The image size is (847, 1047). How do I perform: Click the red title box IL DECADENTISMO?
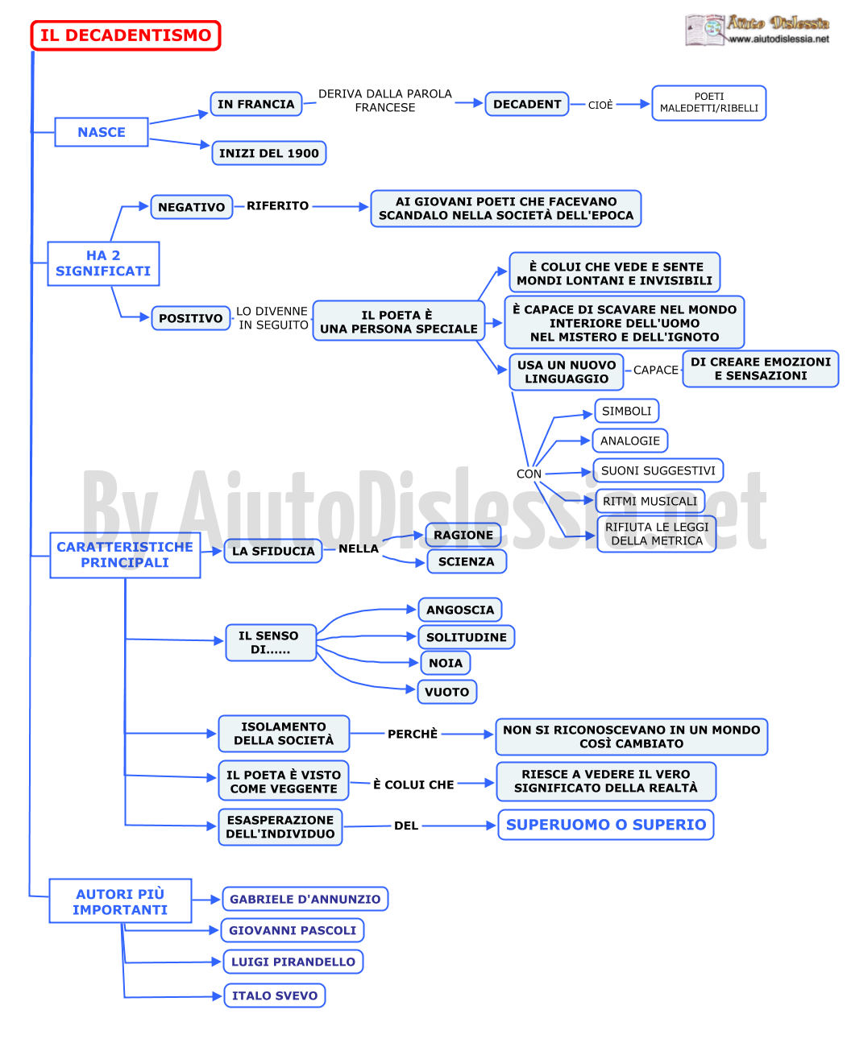pyautogui.click(x=125, y=35)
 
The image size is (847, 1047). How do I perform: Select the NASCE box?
pyautogui.click(x=101, y=131)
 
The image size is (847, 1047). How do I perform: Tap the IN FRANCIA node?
pyautogui.click(x=255, y=103)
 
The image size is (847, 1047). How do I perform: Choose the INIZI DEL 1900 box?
pyautogui.click(x=268, y=152)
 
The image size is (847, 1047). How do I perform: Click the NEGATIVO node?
pyautogui.click(x=191, y=206)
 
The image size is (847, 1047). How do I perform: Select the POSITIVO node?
pyautogui.click(x=190, y=317)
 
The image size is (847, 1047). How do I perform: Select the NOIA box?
pyautogui.click(x=445, y=661)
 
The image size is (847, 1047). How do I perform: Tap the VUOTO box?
pyautogui.click(x=446, y=690)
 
